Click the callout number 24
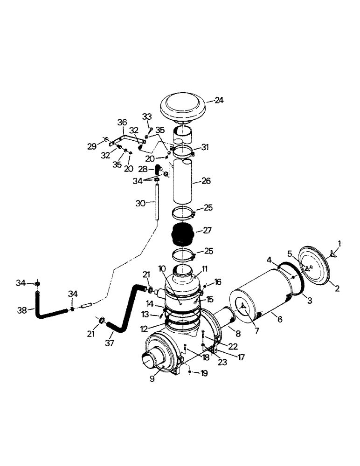(x=220, y=100)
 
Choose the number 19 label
(x=204, y=373)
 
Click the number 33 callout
(x=147, y=116)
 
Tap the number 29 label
(x=92, y=146)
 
